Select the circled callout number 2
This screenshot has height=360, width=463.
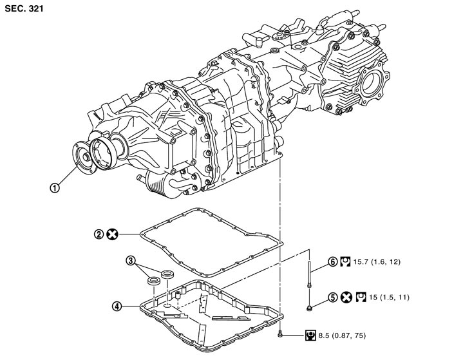point(99,234)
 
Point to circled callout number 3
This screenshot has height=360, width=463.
point(131,261)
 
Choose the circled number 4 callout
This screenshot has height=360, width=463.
point(117,306)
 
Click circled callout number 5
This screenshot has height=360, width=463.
point(333,298)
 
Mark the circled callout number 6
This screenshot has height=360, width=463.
point(333,262)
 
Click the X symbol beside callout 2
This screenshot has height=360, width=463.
point(112,234)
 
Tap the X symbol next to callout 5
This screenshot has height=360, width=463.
point(346,298)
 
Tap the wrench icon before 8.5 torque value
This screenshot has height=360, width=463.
point(311,335)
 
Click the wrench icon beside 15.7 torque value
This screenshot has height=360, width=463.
point(346,262)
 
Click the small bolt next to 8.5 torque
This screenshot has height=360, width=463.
point(281,334)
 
